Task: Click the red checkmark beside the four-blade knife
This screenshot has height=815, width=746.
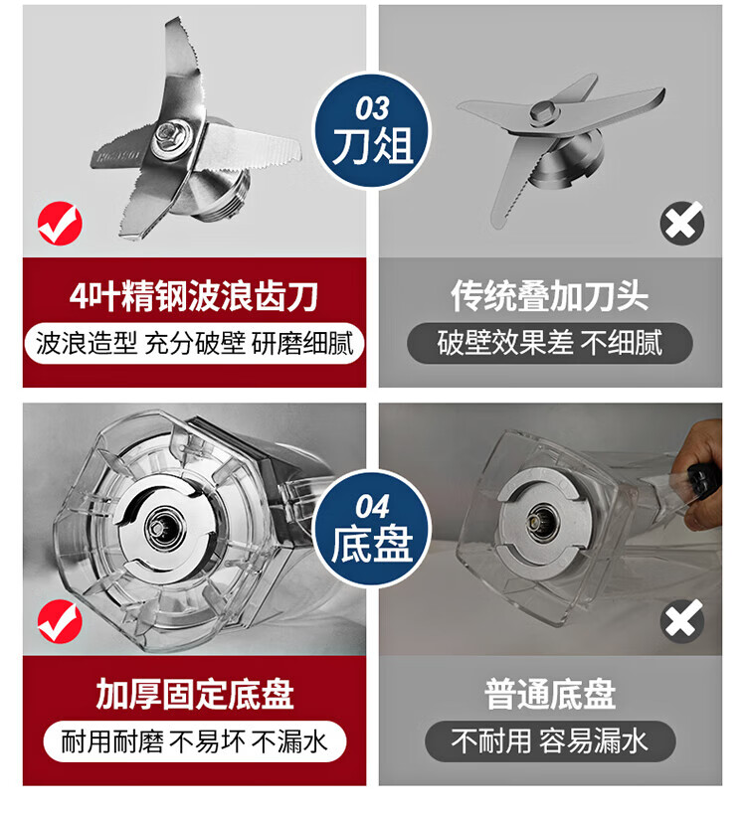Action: pyautogui.click(x=60, y=224)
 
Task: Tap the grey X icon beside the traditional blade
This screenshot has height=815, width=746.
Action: pyautogui.click(x=682, y=224)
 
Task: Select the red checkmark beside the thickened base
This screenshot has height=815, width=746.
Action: pyautogui.click(x=60, y=621)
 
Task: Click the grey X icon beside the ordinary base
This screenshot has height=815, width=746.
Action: pyautogui.click(x=682, y=621)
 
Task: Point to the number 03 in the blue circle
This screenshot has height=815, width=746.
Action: pyautogui.click(x=372, y=108)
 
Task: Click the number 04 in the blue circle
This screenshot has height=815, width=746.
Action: pyautogui.click(x=372, y=507)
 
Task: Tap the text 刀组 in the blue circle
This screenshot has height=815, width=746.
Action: pyautogui.click(x=372, y=145)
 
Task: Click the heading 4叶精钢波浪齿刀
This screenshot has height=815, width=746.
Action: pyautogui.click(x=194, y=296)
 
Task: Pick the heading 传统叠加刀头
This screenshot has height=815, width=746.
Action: pyautogui.click(x=550, y=296)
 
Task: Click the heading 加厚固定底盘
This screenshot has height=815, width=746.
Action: pyautogui.click(x=195, y=694)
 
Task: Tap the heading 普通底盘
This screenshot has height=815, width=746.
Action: pyautogui.click(x=550, y=694)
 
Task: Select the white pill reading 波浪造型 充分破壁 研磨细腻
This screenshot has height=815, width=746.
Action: pyautogui.click(x=194, y=343)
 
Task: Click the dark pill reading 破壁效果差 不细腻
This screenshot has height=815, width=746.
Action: pyautogui.click(x=550, y=343)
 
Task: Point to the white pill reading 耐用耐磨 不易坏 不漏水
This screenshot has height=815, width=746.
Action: pyautogui.click(x=195, y=741)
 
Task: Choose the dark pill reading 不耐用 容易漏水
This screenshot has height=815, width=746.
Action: pyautogui.click(x=550, y=741)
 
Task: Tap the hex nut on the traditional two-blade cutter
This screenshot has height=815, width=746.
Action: pyautogui.click(x=544, y=110)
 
